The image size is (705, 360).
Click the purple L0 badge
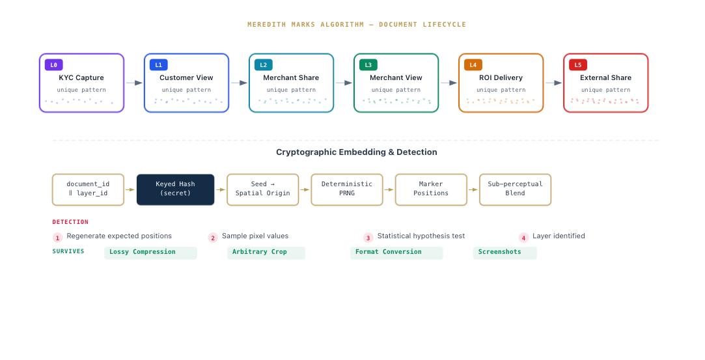(53, 65)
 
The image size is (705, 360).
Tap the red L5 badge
(578, 65)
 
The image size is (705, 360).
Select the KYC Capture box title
(81, 77)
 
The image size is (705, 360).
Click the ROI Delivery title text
(501, 77)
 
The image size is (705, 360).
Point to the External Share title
(605, 77)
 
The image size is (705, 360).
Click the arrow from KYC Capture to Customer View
(134, 83)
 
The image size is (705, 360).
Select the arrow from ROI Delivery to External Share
(553, 83)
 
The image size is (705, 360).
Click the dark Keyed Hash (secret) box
(175, 189)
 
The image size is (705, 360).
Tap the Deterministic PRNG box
(346, 189)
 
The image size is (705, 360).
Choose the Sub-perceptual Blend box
(515, 189)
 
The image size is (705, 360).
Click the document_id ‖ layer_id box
(88, 189)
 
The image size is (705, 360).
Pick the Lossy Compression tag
(150, 252)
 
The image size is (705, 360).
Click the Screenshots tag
(505, 252)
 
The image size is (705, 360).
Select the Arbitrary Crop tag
(266, 252)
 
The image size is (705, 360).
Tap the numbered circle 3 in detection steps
(368, 238)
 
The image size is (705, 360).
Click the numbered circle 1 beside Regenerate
(57, 238)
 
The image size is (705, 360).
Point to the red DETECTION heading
(70, 222)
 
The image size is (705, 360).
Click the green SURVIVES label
(68, 251)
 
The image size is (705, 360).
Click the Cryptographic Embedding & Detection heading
(356, 152)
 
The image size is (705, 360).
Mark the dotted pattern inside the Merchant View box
(396, 101)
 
